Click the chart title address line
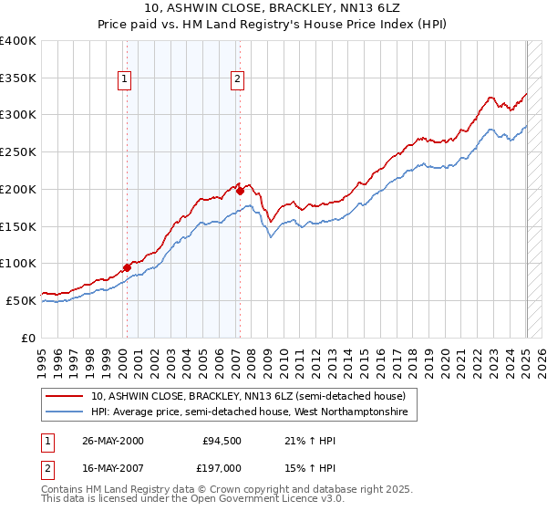(x=273, y=9)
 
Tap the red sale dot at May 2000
(x=127, y=267)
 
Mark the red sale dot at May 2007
(x=240, y=191)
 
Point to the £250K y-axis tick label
(x=18, y=151)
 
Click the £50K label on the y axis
(x=21, y=300)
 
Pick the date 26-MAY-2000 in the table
(x=113, y=441)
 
